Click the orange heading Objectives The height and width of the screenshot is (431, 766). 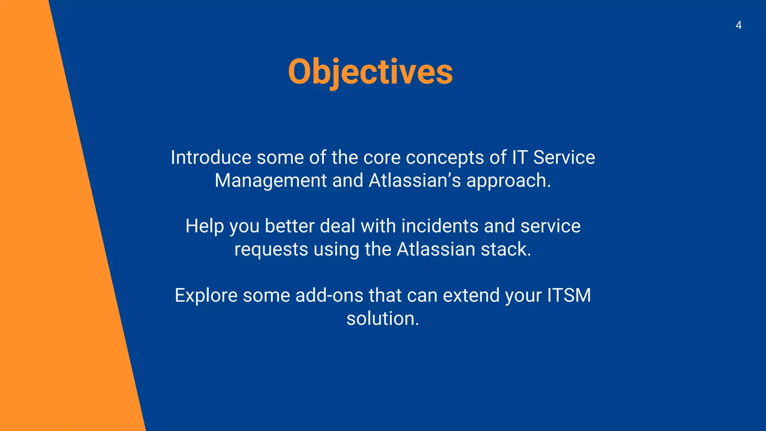370,72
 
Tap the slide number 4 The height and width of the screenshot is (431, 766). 738,25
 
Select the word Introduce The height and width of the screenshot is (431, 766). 211,157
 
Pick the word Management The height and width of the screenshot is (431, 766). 270,181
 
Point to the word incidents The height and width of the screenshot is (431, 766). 440,226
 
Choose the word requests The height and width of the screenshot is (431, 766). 271,250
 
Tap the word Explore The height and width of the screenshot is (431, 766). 206,296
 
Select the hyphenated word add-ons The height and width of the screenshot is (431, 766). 329,296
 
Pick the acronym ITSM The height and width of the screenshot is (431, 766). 569,296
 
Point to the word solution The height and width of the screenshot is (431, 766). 383,319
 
